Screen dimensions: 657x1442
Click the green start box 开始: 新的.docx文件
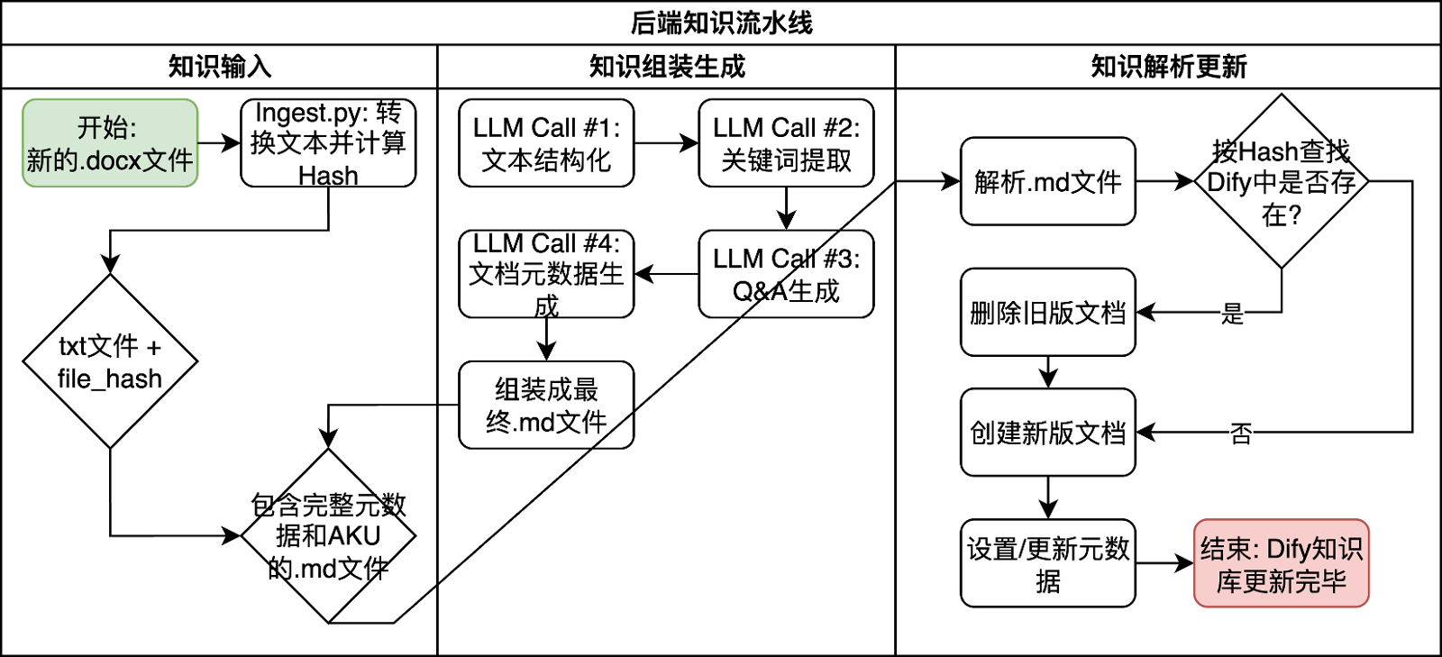pos(109,143)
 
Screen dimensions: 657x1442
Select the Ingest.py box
pos(328,143)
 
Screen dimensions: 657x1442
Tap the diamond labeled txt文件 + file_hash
pos(109,360)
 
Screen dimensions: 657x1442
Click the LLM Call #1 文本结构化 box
pos(546,143)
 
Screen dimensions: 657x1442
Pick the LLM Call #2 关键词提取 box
pos(786,143)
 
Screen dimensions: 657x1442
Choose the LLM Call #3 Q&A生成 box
pos(786,274)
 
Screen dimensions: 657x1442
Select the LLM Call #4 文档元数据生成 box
pos(546,274)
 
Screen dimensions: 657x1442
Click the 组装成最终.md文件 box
pos(546,405)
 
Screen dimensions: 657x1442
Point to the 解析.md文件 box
pos(1047,181)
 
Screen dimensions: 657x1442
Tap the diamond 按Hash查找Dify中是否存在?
pos(1281,181)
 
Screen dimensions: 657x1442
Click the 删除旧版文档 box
pos(1047,312)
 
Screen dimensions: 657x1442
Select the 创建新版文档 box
pos(1047,433)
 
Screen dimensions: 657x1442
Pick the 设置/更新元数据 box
pos(1047,563)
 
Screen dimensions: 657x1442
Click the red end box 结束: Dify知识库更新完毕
pos(1281,563)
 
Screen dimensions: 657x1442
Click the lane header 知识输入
pos(219,66)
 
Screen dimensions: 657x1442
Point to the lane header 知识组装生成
pos(666,66)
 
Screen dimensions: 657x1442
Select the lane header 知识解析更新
pos(1168,66)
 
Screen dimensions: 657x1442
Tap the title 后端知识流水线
pos(721,23)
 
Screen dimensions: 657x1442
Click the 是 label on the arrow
pos(1232,313)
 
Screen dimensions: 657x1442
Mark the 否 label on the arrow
pos(1241,433)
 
